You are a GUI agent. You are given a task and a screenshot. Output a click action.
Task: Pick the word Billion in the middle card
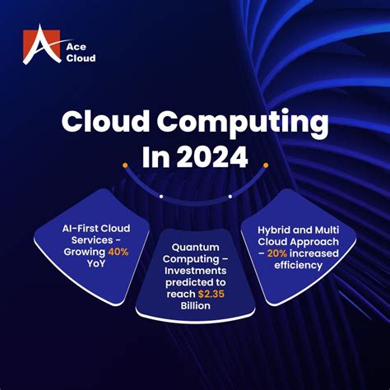[195, 305]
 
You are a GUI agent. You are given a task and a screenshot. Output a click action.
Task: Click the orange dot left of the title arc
[126, 165]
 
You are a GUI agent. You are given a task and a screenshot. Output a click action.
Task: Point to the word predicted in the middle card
[186, 282]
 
